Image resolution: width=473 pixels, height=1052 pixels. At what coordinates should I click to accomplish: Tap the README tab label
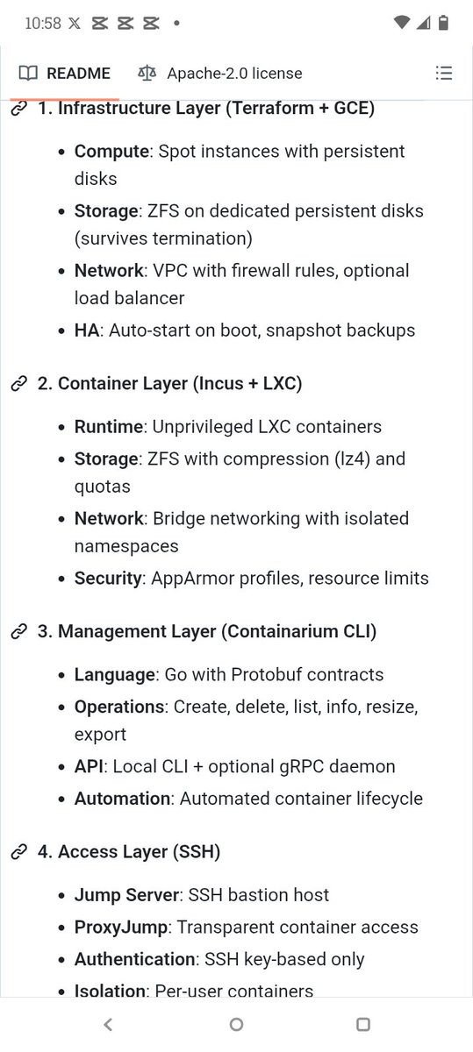[x=78, y=74]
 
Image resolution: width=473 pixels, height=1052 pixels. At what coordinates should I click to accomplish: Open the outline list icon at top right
[x=444, y=74]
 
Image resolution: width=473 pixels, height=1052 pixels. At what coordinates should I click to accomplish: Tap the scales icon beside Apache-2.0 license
[x=147, y=74]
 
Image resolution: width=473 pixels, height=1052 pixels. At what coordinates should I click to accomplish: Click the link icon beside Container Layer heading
[x=18, y=384]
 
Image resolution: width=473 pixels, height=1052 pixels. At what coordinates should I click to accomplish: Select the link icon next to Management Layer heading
[x=18, y=632]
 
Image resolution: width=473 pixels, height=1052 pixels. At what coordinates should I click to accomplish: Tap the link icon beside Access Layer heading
[x=18, y=851]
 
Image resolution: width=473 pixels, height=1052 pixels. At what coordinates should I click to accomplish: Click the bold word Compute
[x=112, y=152]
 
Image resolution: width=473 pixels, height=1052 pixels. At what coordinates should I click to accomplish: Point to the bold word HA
[x=87, y=331]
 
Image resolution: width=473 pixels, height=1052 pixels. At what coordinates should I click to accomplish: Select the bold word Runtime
[x=109, y=426]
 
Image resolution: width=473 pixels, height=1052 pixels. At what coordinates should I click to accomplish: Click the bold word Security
[x=108, y=578]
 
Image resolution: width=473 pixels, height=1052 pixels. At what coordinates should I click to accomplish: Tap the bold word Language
[x=115, y=675]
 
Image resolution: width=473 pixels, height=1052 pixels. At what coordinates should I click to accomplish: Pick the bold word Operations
[x=119, y=707]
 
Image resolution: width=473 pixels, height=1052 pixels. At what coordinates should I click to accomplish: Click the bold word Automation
[x=122, y=799]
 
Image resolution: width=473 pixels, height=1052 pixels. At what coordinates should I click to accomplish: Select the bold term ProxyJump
[x=121, y=928]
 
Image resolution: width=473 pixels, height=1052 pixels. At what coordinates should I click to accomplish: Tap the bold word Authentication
[x=134, y=959]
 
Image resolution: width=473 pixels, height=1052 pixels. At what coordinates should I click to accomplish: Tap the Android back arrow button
[x=108, y=1024]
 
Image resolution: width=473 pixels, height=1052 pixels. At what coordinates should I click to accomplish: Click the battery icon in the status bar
[x=443, y=23]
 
